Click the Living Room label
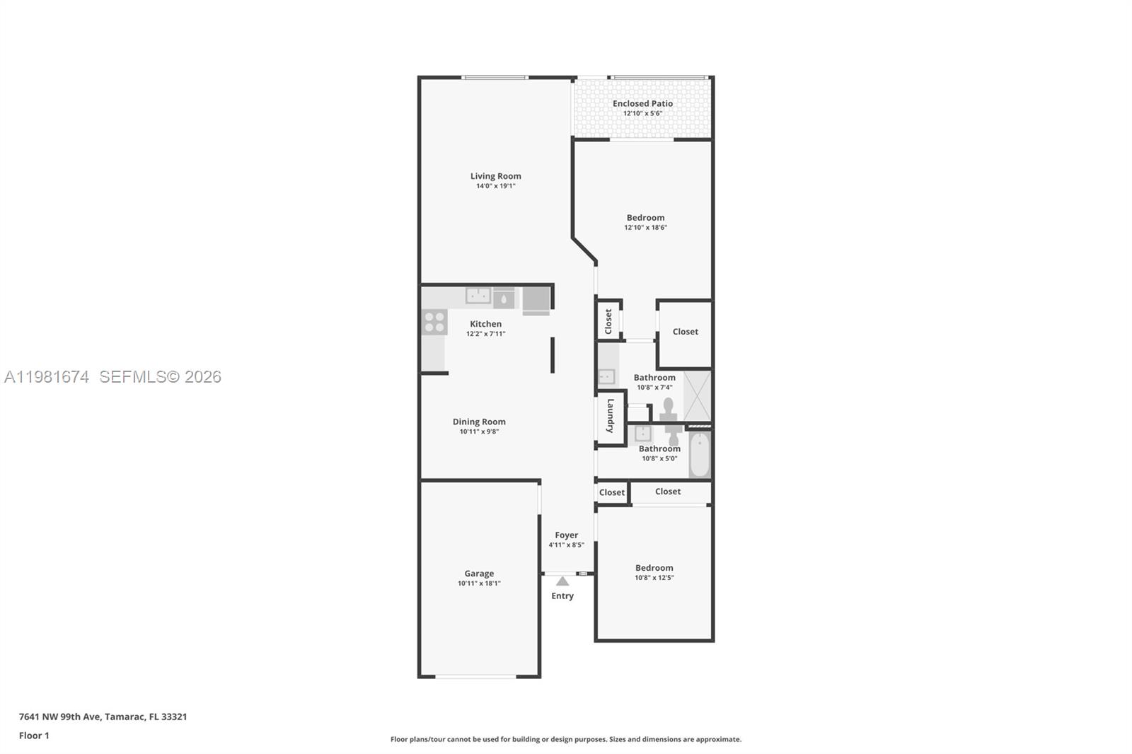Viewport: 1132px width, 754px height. (495, 176)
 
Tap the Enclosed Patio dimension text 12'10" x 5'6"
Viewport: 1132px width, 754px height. (642, 113)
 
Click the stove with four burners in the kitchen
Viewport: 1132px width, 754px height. (434, 322)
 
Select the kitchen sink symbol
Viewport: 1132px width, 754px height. (478, 295)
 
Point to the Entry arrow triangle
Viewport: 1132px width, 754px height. (562, 581)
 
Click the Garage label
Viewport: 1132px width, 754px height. (479, 574)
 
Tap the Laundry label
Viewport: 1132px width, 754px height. (611, 416)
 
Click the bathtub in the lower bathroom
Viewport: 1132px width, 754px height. (699, 455)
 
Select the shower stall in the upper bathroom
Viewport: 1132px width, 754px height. (698, 395)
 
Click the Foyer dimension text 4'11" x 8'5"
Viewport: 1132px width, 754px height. (566, 545)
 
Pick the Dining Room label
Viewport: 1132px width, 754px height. (479, 422)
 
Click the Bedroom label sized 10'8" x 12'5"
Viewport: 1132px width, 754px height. (654, 567)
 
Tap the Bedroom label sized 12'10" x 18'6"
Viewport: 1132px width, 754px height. (645, 218)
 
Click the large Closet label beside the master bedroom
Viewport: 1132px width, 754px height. (685, 331)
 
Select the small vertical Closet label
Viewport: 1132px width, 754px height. (608, 321)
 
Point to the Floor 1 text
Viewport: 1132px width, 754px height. (34, 736)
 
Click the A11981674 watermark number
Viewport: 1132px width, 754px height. (47, 377)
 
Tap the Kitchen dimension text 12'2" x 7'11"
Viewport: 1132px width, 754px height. (485, 334)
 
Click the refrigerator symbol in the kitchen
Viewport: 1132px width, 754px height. (536, 301)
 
